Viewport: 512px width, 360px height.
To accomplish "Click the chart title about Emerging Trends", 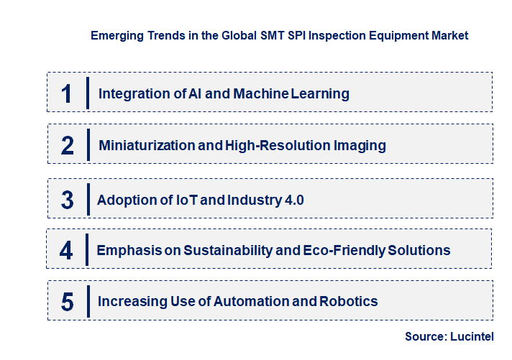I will pos(279,35).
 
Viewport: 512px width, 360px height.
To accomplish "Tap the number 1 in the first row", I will pos(67,93).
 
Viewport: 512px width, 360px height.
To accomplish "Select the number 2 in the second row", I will pos(68,146).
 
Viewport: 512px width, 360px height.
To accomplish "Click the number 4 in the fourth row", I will pos(66,251).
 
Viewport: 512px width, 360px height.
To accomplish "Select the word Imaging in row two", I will pos(360,146).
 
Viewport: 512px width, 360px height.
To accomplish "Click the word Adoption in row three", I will pos(125,200).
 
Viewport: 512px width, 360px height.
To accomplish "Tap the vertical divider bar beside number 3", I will pos(88,199).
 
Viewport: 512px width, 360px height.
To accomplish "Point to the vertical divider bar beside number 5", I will pos(88,302).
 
